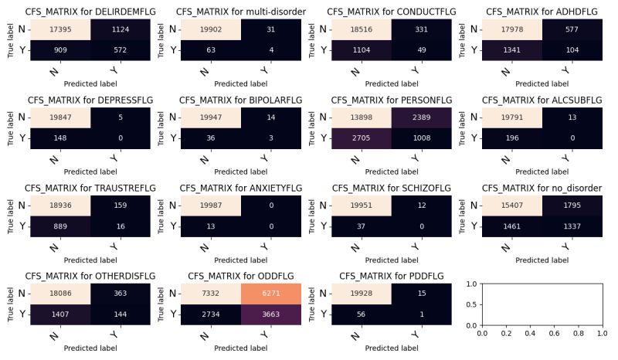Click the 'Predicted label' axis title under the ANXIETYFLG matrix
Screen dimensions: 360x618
pos(241,256)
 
